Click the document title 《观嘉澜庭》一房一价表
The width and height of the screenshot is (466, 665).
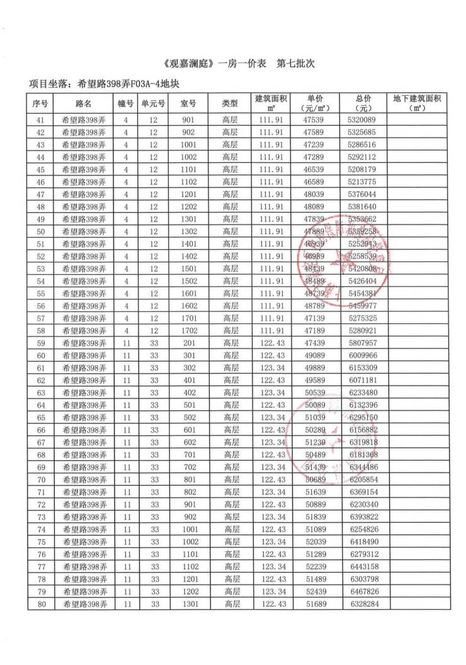coord(213,64)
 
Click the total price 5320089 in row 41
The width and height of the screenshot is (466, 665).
coord(362,120)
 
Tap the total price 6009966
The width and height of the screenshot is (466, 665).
coord(362,355)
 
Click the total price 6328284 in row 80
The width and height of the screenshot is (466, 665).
coord(362,605)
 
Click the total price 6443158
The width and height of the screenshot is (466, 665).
coord(362,567)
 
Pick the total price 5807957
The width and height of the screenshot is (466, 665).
coord(362,343)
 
